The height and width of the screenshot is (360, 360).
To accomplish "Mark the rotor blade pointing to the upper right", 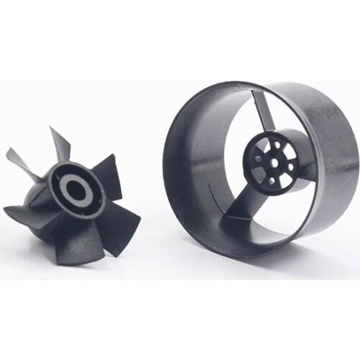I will (109, 174).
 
